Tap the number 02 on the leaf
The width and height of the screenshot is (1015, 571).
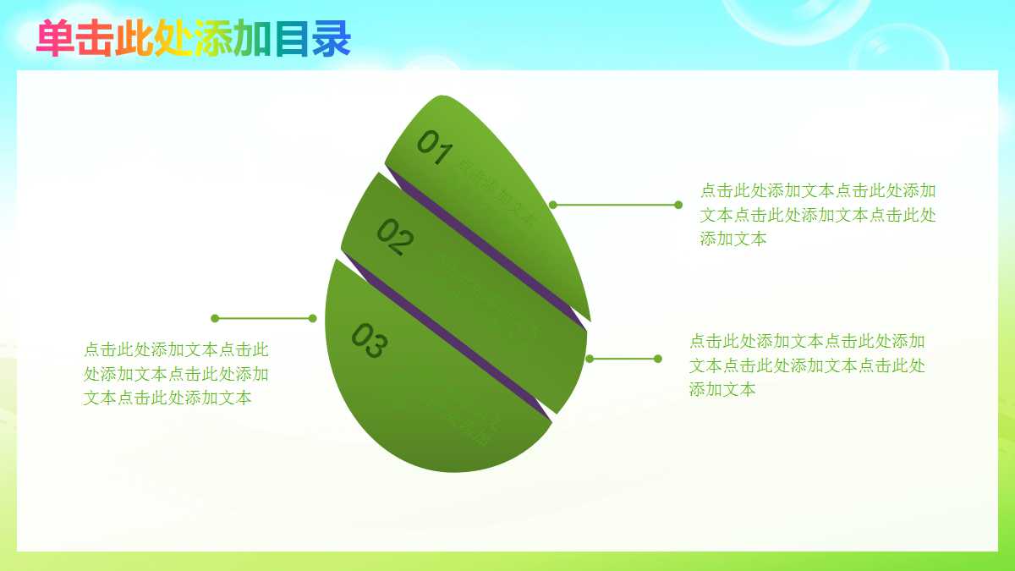[x=395, y=237]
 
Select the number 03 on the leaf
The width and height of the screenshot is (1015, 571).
[x=370, y=341]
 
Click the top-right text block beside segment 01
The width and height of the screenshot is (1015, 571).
[x=817, y=215]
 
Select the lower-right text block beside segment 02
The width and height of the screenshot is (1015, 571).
[x=807, y=365]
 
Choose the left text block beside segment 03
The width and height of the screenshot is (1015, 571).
[x=176, y=373]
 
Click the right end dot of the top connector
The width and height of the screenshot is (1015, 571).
[x=678, y=205]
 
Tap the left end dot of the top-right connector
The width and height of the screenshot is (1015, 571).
[x=553, y=205]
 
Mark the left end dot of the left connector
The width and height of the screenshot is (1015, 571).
[x=215, y=318]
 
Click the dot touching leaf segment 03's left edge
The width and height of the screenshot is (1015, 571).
[x=313, y=318]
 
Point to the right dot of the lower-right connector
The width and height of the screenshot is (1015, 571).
[x=658, y=359]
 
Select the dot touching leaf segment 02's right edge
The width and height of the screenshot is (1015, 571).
[x=590, y=359]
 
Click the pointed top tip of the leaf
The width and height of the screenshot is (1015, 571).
[x=440, y=97]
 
